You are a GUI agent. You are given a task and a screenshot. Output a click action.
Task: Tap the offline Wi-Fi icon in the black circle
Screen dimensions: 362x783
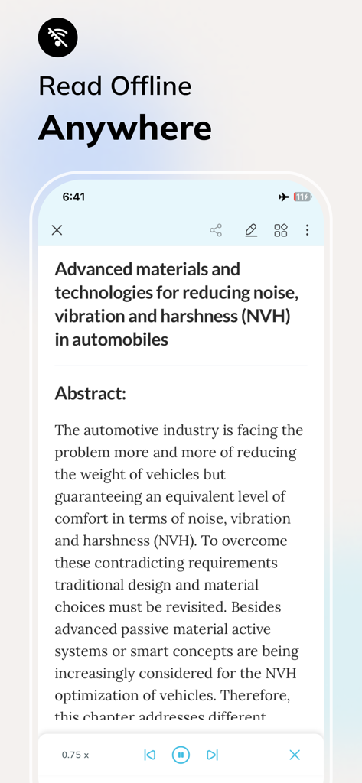(58, 37)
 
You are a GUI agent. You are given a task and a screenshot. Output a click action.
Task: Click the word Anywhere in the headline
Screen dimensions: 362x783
(125, 128)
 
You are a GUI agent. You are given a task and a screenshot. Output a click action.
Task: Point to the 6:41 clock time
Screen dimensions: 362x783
(73, 197)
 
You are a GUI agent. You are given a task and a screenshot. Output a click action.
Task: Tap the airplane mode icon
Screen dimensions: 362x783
(284, 197)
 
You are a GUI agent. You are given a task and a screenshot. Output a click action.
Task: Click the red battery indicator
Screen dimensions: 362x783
(302, 197)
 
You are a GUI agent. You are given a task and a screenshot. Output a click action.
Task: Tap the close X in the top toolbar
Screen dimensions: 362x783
(57, 230)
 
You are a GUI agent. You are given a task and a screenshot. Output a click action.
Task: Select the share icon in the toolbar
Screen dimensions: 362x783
(216, 230)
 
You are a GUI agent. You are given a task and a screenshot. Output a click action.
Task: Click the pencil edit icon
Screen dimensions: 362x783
(251, 230)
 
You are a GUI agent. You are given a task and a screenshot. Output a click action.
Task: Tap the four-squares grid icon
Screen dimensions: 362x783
(281, 230)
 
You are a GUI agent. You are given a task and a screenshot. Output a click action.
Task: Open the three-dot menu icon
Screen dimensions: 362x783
(307, 230)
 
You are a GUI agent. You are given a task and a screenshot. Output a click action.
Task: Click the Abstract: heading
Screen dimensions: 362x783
(90, 394)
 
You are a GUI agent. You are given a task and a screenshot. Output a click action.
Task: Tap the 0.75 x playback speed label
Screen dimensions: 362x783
(75, 755)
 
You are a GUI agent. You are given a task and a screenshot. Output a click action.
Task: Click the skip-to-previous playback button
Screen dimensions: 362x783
(150, 755)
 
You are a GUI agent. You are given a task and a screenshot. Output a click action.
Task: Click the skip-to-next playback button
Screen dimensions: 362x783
(212, 755)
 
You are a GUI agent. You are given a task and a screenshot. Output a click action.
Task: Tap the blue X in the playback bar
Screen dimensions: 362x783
(295, 755)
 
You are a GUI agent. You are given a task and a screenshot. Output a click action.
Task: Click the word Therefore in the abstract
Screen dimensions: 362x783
(253, 696)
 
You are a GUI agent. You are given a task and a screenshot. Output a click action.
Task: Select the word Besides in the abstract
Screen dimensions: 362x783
(253, 607)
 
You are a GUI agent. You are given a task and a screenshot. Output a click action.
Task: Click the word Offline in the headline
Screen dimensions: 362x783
(152, 86)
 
